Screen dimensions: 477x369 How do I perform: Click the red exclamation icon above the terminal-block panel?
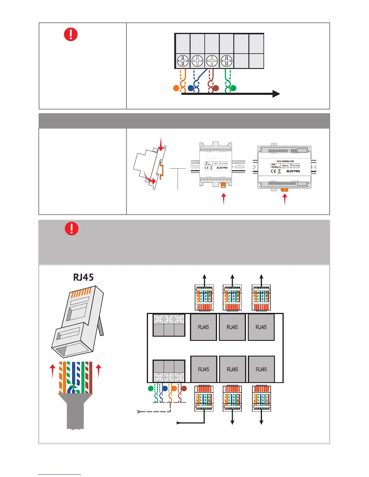tap(71, 35)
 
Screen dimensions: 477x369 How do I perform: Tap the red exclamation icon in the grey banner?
tap(72, 229)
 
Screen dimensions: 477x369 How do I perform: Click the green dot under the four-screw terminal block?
tap(233, 88)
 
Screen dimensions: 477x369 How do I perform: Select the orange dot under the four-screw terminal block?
tap(176, 88)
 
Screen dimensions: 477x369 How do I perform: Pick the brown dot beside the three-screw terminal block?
tap(184, 389)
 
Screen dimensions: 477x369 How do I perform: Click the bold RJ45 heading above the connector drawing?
tap(84, 277)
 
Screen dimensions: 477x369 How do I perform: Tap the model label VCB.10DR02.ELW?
tap(285, 161)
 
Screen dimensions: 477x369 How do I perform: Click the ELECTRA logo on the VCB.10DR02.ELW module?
tap(293, 171)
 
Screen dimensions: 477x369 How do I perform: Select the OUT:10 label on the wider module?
tap(285, 166)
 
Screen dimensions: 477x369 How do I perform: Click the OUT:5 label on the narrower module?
tap(216, 164)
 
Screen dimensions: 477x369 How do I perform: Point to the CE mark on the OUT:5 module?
tap(207, 168)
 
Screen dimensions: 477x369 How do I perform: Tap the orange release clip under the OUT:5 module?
tap(223, 185)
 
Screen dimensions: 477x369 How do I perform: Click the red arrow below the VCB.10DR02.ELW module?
tap(285, 200)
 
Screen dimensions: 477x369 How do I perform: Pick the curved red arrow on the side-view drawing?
tap(150, 178)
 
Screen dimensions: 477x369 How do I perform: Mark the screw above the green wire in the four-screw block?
tap(226, 61)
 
